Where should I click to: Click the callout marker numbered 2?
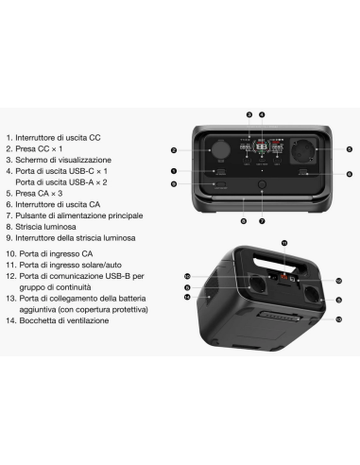[x=175, y=150]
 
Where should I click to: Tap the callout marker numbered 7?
[x=261, y=220]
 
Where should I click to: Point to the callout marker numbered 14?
[x=186, y=298]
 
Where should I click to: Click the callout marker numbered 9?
[x=175, y=184]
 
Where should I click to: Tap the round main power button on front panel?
[x=261, y=185]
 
